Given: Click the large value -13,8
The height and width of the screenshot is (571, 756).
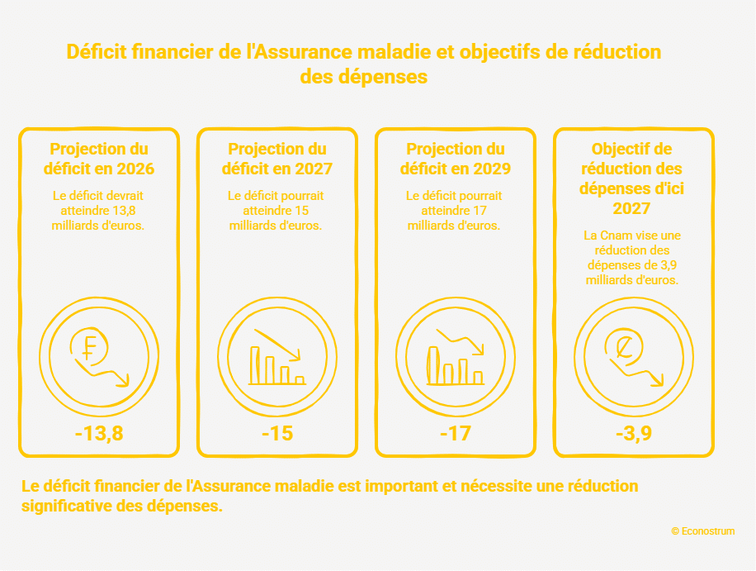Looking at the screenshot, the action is pos(99,433).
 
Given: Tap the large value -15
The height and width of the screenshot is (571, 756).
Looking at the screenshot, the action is pos(277,433).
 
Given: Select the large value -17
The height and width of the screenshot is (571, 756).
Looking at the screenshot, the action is pos(456,433).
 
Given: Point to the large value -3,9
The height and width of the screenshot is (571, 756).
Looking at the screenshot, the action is pos(634,433).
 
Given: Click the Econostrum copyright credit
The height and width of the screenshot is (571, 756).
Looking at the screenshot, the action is pos(703,531).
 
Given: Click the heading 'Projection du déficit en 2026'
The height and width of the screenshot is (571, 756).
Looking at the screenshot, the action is pos(99,159).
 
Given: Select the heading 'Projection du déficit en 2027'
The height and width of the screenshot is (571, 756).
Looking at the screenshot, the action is pos(277,159).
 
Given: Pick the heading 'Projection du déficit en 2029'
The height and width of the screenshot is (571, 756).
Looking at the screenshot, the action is pos(456,159).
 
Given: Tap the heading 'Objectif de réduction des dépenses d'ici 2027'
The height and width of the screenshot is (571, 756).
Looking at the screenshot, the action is pos(631,178).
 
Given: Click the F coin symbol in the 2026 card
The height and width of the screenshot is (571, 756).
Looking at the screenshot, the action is pos(88,347).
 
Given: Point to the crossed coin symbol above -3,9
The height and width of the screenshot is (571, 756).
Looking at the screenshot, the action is pos(625,346).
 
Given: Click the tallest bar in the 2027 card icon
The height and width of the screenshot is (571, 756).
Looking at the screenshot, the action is pos(254,365).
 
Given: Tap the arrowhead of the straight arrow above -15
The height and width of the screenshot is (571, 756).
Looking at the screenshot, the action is pos(295,355).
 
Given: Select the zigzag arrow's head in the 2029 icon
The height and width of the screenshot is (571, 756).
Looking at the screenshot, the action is pos(479,349).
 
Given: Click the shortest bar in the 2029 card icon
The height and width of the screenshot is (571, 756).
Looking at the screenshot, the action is pos(478,378).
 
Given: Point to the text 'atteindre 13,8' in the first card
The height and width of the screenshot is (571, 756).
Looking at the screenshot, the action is pos(98,211).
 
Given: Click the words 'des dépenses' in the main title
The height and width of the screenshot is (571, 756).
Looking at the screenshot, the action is pos(363,77).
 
